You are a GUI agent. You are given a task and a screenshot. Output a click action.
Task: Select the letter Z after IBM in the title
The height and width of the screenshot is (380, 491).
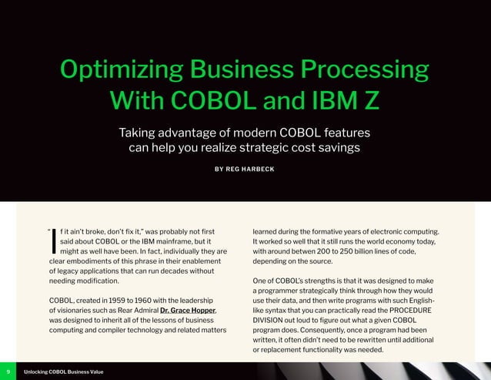pos(371,101)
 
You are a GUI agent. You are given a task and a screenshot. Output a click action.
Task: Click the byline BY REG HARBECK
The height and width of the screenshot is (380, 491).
pos(245,169)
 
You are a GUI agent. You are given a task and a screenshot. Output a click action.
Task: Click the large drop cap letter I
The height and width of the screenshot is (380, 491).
pos(52,240)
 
